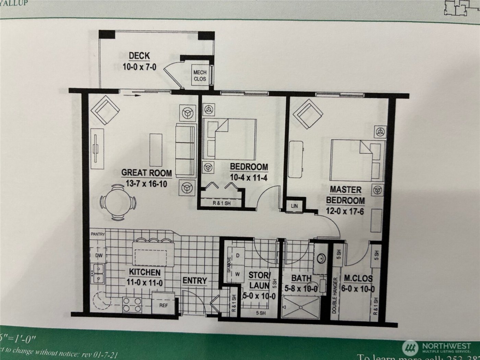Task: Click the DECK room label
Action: coord(139,56)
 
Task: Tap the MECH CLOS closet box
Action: coord(200,75)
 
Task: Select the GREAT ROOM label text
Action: coord(147,173)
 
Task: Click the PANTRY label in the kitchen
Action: coord(98,234)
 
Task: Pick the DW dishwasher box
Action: coord(99,255)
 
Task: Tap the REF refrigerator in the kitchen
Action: coord(164,305)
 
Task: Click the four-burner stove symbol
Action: coord(132,304)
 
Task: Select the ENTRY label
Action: coord(195,281)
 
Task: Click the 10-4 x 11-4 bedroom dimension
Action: coord(249,178)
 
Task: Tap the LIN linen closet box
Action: coord(294,206)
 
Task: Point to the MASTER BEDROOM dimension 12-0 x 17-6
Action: coord(345,211)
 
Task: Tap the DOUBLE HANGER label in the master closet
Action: coord(334,296)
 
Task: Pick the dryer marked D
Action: coord(238,256)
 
